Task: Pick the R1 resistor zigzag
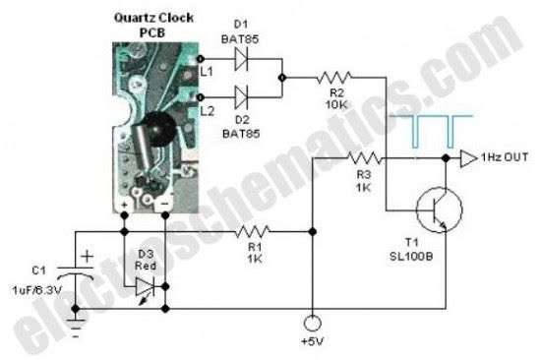pyautogui.click(x=254, y=232)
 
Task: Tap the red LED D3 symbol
pyautogui.click(x=143, y=284)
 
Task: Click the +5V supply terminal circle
pyautogui.click(x=311, y=323)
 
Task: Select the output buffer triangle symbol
pyautogui.click(x=470, y=157)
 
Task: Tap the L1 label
pyautogui.click(x=206, y=71)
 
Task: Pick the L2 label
pyautogui.click(x=206, y=112)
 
